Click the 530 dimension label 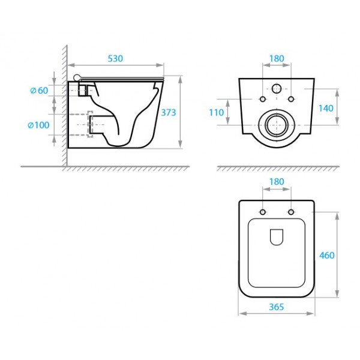pyautogui.click(x=115, y=59)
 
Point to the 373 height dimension pyautogui.click(x=168, y=113)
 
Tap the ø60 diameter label pyautogui.click(x=39, y=91)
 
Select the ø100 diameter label pyautogui.click(x=38, y=125)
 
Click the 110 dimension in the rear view pyautogui.click(x=216, y=113)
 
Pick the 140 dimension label pyautogui.click(x=326, y=108)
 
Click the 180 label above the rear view pyautogui.click(x=277, y=59)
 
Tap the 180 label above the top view pyautogui.click(x=277, y=182)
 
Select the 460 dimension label pyautogui.click(x=327, y=256)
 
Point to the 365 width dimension pyautogui.click(x=277, y=307)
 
